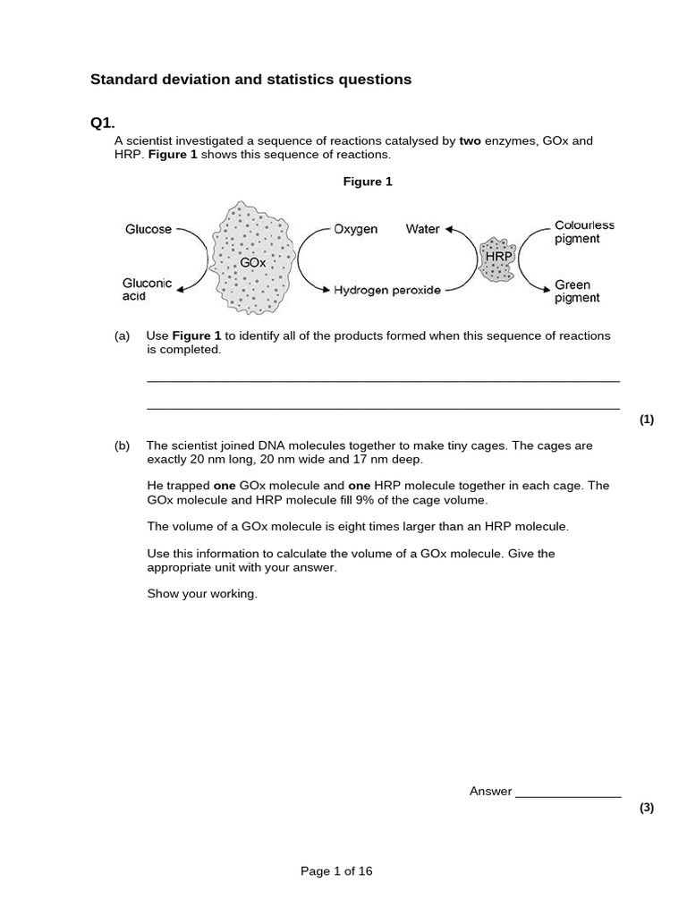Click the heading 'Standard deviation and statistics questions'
pyautogui.click(x=250, y=80)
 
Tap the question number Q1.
pyautogui.click(x=103, y=123)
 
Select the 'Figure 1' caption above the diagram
pyautogui.click(x=368, y=182)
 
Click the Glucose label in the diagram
pyautogui.click(x=148, y=229)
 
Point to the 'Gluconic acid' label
pyautogui.click(x=147, y=289)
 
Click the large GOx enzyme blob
pyautogui.click(x=254, y=259)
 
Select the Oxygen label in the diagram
pyautogui.click(x=356, y=229)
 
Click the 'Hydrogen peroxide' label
pyautogui.click(x=387, y=291)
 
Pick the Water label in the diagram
pyautogui.click(x=422, y=229)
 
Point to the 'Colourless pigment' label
pyautogui.click(x=584, y=233)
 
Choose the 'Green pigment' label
pyautogui.click(x=577, y=292)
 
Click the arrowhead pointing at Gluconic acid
pyautogui.click(x=182, y=289)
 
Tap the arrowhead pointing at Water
pyautogui.click(x=449, y=229)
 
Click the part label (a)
pyautogui.click(x=123, y=336)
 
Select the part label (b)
pyautogui.click(x=123, y=445)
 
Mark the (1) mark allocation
pyautogui.click(x=647, y=420)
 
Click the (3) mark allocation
pyautogui.click(x=647, y=808)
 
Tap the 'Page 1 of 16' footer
pyautogui.click(x=336, y=871)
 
